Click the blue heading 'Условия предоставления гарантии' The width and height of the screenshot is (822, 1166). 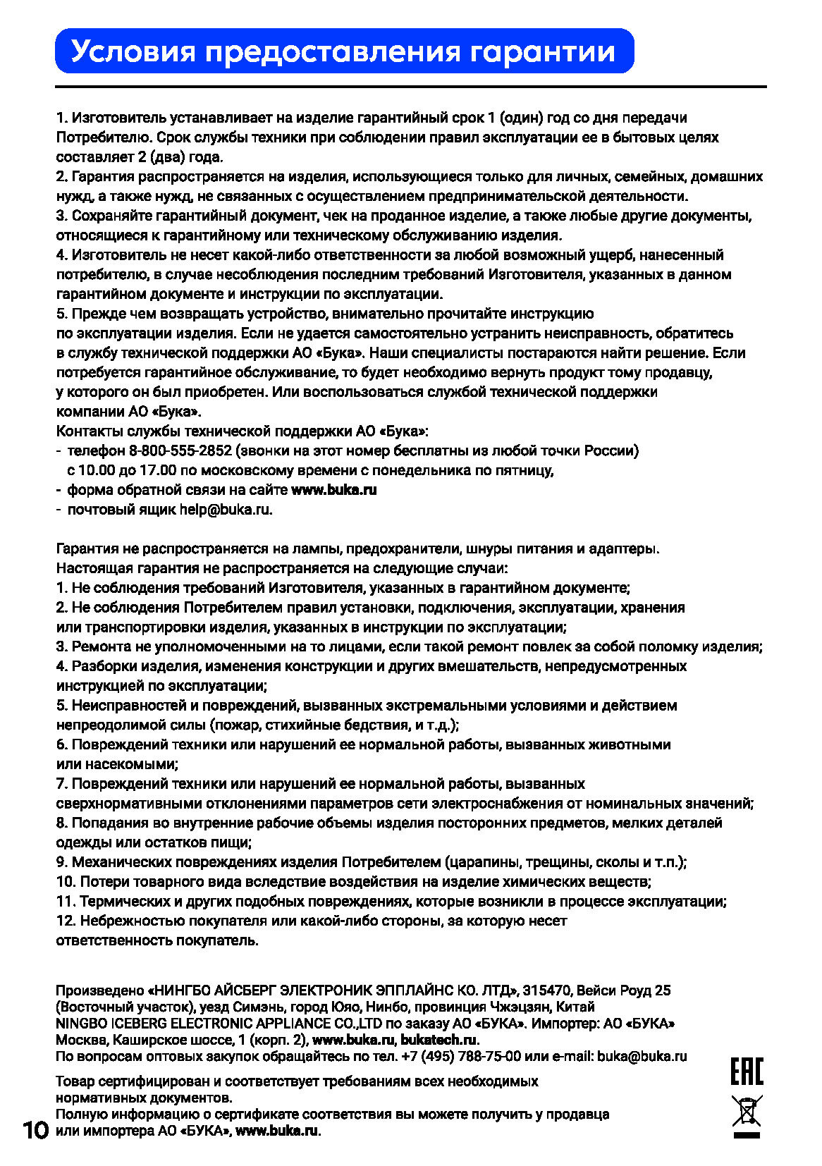coord(344,51)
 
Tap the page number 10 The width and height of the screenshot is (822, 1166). coord(35,1131)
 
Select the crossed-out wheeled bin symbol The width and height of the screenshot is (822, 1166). coord(747,1113)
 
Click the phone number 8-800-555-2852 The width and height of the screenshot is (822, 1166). coord(180,450)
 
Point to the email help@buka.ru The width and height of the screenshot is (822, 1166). coord(225,510)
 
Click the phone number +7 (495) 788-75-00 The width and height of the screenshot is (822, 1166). coord(461,1056)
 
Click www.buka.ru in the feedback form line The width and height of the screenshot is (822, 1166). coord(333,490)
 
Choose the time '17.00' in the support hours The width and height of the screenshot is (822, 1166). coord(158,470)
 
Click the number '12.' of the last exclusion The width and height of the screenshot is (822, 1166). coord(66,921)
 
